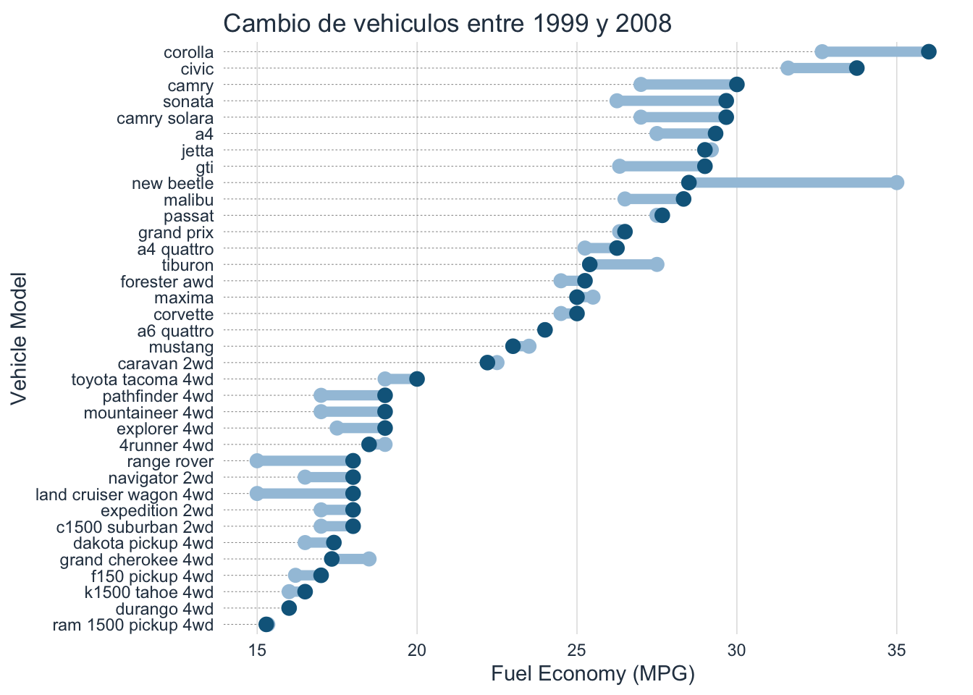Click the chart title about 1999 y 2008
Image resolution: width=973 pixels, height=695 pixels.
pos(447,24)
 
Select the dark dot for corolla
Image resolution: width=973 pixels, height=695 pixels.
pos(929,51)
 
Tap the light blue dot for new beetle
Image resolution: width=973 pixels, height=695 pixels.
pos(897,182)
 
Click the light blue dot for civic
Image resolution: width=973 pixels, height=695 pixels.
pos(788,68)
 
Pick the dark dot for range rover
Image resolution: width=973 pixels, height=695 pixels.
pos(353,461)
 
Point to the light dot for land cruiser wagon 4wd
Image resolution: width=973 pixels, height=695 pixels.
pos(257,494)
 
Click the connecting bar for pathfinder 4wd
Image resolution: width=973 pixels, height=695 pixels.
pos(353,395)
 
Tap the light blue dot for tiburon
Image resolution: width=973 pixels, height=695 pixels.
pos(657,264)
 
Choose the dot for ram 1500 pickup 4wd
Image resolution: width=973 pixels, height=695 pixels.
pos(266,625)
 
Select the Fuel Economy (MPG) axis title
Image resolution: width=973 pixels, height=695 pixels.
pos(592,675)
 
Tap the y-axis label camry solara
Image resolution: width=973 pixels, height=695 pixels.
pos(165,118)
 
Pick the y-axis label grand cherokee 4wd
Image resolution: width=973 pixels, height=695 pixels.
pos(137,560)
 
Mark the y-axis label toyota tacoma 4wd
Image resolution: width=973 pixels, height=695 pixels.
pos(143,379)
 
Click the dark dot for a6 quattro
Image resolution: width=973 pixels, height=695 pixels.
pos(545,330)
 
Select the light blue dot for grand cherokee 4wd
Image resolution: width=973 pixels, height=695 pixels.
pos(369,559)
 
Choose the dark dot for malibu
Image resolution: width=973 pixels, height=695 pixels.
pos(683,199)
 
